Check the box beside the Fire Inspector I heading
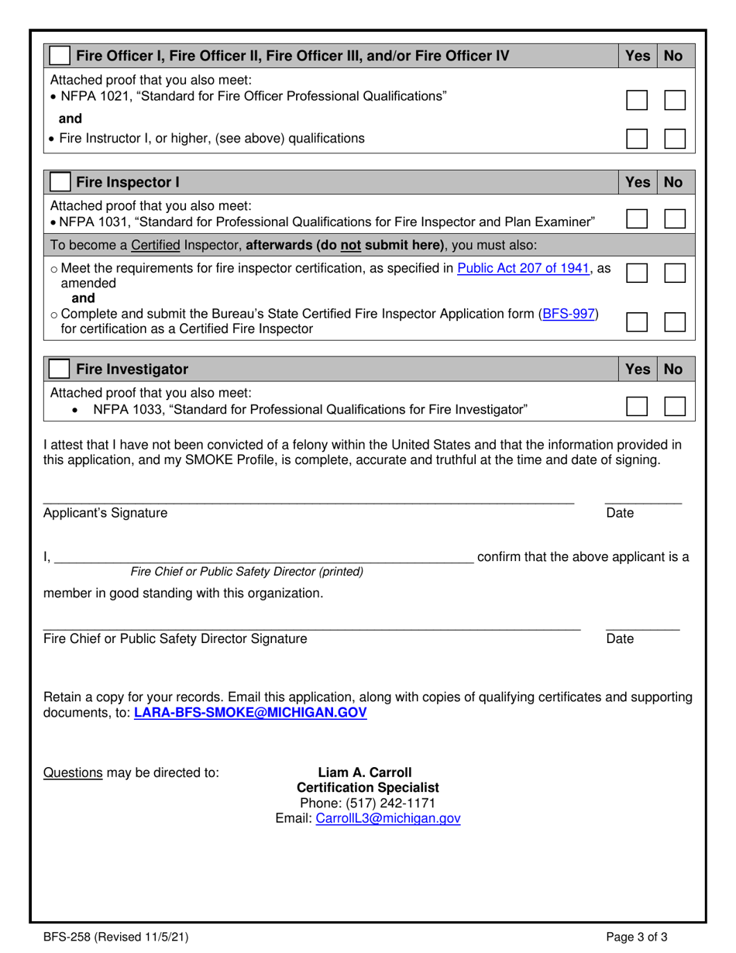click(60, 183)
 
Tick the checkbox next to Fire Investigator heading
click(60, 370)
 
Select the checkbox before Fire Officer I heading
click(60, 56)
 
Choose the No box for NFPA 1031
click(675, 218)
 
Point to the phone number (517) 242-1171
click(367, 802)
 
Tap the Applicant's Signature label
click(105, 512)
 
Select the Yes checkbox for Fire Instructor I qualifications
click(637, 139)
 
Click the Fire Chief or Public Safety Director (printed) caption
click(247, 572)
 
